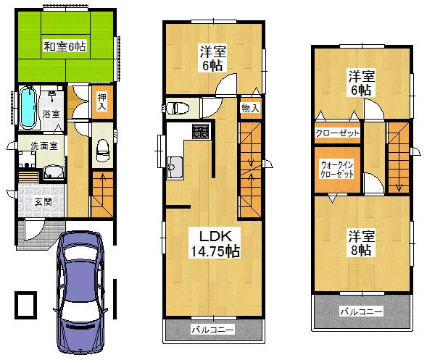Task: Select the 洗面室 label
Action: click(x=33, y=145)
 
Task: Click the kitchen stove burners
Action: click(x=199, y=133)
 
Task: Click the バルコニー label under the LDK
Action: click(x=212, y=330)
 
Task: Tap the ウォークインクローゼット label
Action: click(x=338, y=169)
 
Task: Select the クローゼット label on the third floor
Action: click(x=338, y=133)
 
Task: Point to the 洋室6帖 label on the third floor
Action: click(x=360, y=83)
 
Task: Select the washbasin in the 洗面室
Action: click(x=53, y=172)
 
